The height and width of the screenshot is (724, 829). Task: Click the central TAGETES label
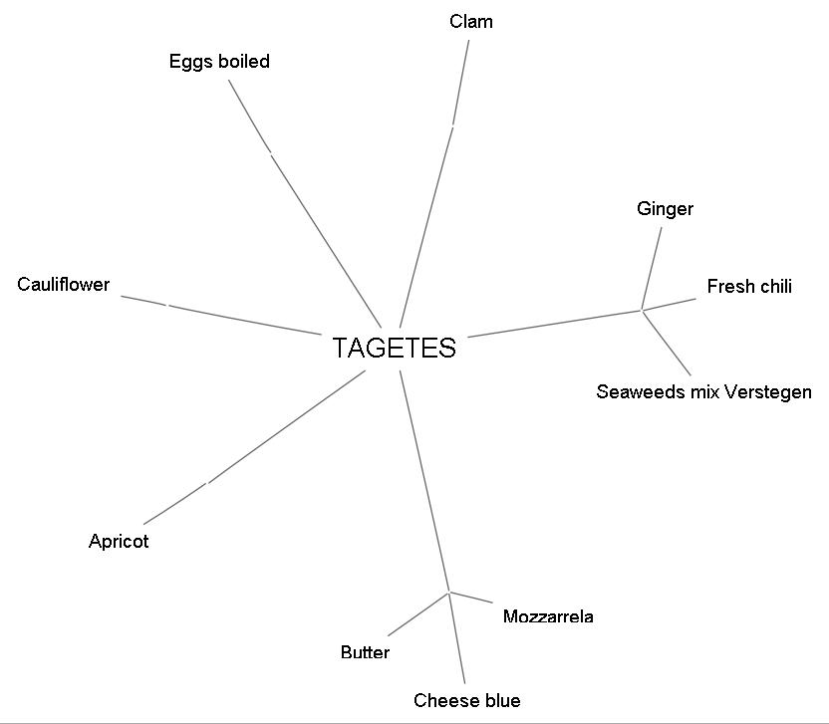point(394,349)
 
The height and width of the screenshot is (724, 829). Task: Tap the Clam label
point(471,22)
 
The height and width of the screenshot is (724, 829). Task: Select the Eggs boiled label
point(219,62)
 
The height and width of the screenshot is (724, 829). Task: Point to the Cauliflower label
point(64,285)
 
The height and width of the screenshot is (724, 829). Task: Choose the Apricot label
point(119,542)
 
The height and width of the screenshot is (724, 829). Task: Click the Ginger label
point(665,209)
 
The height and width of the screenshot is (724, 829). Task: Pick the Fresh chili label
point(749,287)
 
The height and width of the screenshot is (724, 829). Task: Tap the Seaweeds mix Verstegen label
point(703,391)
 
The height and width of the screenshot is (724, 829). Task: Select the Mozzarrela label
point(548,616)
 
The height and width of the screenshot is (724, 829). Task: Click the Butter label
point(365,653)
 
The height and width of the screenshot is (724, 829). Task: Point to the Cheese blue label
point(467,701)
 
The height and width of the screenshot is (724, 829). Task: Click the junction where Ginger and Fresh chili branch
point(642,311)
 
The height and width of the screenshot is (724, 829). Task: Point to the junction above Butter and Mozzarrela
point(449,593)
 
